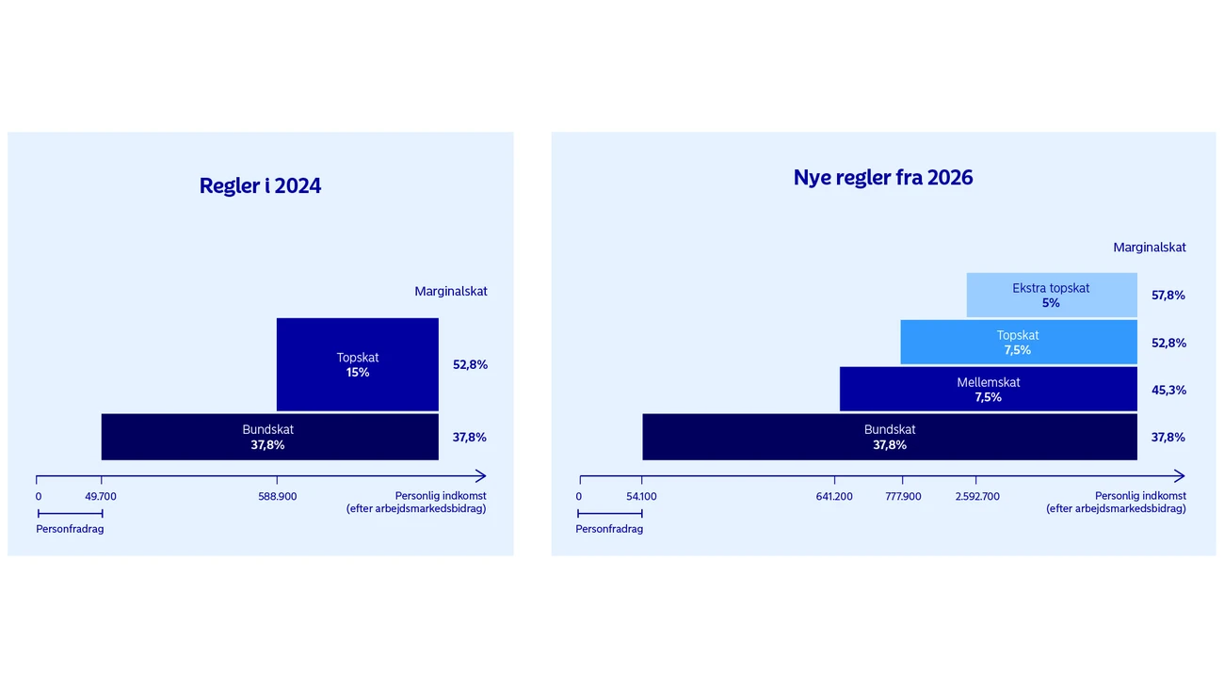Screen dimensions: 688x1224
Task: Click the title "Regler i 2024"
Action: [260, 185]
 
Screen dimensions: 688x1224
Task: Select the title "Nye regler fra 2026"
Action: [882, 177]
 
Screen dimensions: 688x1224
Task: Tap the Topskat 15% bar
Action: [358, 364]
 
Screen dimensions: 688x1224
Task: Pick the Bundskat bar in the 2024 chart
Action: [269, 437]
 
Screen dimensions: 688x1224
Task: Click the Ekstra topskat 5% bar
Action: [1051, 296]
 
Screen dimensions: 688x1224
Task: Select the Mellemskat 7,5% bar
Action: [988, 390]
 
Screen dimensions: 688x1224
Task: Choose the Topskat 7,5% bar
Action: [1018, 343]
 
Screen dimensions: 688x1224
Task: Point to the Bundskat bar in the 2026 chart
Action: [889, 437]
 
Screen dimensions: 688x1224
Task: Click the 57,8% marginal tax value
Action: [1168, 296]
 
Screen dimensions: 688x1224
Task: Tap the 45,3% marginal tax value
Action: [1168, 390]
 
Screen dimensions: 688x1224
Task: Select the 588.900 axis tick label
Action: [277, 496]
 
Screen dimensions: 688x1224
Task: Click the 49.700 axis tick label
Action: [101, 496]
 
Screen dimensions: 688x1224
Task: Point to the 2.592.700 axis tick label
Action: [977, 496]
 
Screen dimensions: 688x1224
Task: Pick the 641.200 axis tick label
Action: [834, 496]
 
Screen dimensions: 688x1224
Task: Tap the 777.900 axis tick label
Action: [903, 496]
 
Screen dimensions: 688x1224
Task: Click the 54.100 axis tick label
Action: [641, 496]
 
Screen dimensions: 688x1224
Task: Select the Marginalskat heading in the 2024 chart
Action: [451, 292]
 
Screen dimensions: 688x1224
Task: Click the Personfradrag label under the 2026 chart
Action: [609, 529]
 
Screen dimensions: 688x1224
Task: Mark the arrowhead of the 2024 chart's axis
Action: [481, 476]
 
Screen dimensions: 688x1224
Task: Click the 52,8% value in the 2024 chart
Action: [470, 364]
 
